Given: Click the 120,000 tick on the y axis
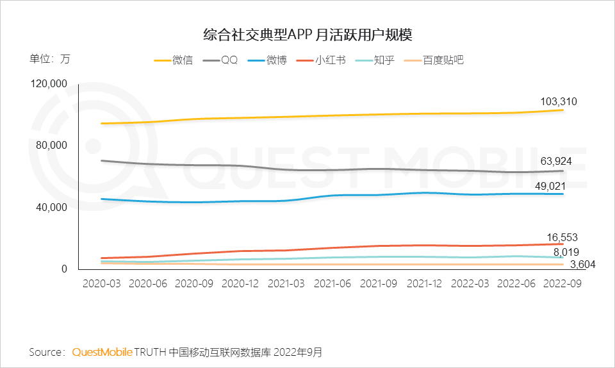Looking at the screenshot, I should (49, 84).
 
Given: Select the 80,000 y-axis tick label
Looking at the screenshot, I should (52, 146).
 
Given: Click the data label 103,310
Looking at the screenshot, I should (557, 101).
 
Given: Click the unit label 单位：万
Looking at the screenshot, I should (49, 59).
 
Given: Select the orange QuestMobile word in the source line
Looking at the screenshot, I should (102, 352).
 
